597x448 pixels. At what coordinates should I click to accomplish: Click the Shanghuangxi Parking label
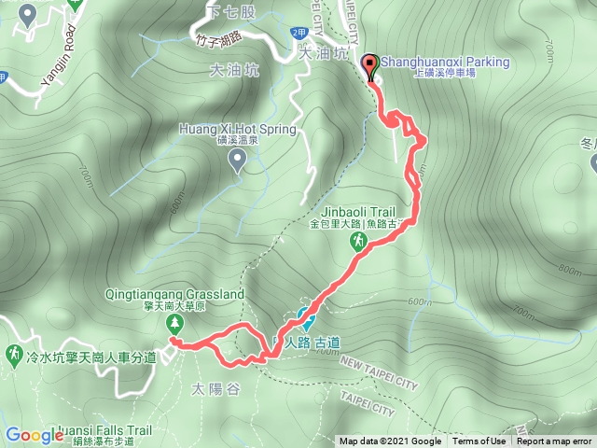pyautogui.click(x=446, y=63)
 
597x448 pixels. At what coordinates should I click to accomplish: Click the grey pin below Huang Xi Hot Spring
pyautogui.click(x=237, y=162)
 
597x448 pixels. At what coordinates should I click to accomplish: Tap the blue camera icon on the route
pyautogui.click(x=303, y=317)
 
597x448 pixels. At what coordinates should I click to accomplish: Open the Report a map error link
pyautogui.click(x=553, y=441)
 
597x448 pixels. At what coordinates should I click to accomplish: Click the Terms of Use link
pyautogui.click(x=479, y=441)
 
